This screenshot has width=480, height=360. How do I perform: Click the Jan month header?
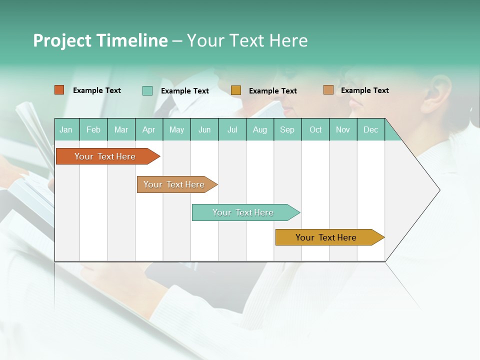66,130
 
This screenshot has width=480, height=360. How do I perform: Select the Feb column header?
93,130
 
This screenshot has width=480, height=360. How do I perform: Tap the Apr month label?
149,130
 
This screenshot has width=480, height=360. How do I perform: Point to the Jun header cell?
204,130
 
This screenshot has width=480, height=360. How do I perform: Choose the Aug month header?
260,130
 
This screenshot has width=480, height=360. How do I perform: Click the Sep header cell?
287,130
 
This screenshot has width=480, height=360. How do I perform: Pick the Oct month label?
315,130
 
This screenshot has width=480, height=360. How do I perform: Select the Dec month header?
371,130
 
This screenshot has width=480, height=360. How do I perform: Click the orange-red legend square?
59,90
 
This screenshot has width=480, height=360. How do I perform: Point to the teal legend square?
147,90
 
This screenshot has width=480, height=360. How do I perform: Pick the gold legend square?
236,90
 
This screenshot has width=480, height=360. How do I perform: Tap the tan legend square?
328,90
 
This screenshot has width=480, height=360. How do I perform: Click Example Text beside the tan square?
364,90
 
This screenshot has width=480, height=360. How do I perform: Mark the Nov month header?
343,130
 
